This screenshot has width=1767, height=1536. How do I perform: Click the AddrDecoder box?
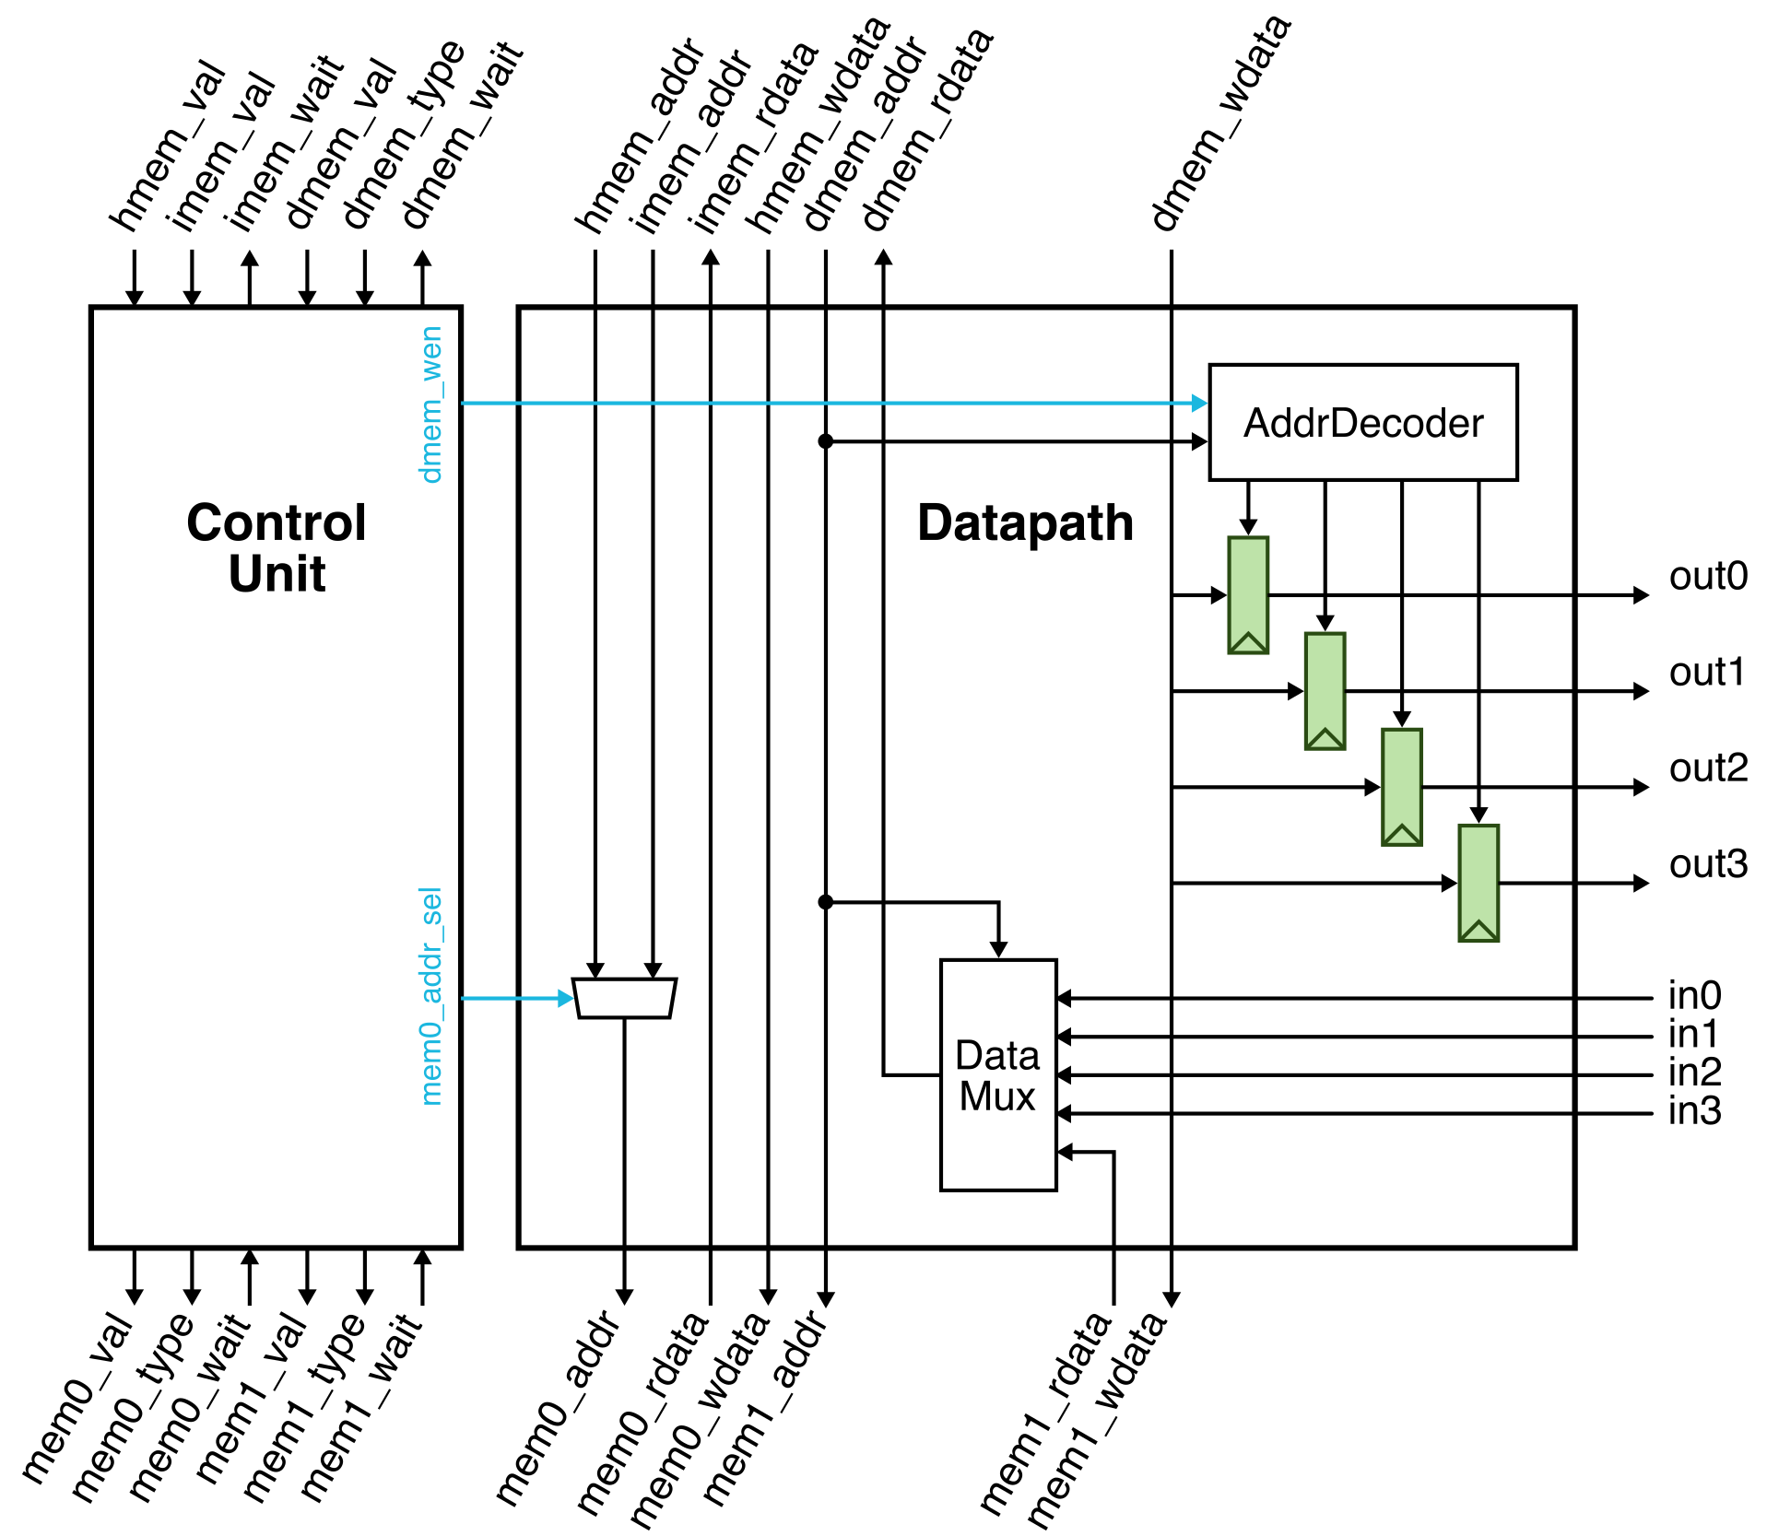coord(1362,423)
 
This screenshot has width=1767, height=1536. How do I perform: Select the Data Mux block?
coord(997,1075)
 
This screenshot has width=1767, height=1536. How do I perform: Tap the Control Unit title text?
coord(277,547)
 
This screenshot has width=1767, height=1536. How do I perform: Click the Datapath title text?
coord(1025,522)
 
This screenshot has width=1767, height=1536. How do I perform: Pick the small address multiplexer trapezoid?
coord(624,998)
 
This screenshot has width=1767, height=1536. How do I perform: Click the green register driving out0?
coord(1248,595)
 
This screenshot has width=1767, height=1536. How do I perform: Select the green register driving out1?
coord(1325,691)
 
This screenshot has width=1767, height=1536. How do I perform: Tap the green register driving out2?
coord(1401,787)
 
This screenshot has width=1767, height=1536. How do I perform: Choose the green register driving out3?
coord(1478,883)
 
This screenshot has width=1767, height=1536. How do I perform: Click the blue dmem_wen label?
coord(431,405)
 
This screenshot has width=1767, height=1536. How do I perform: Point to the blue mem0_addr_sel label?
coord(431,996)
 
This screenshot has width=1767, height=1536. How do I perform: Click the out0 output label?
coord(1708,577)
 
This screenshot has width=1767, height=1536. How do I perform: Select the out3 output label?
coord(1708,864)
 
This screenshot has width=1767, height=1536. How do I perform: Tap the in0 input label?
coord(1694,996)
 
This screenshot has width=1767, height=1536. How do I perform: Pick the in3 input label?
coord(1694,1111)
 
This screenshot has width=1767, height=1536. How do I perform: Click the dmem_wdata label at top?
coord(1220,123)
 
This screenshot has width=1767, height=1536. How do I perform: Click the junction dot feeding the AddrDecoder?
coord(826,441)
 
